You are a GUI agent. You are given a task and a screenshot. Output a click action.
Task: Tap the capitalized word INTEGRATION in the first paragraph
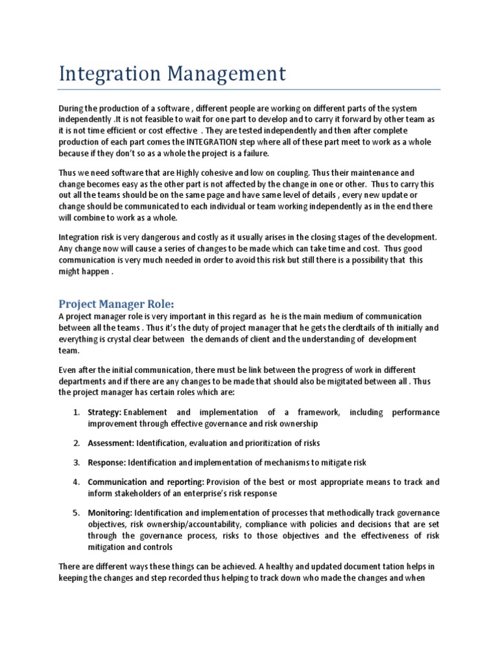click(x=218, y=142)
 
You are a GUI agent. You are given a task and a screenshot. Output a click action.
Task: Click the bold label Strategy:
click(x=104, y=412)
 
